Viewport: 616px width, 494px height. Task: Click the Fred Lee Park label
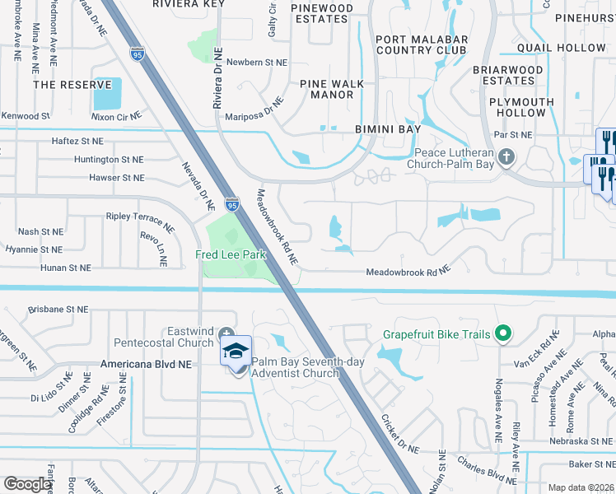[231, 255]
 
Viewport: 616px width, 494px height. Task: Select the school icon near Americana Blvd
[236, 352]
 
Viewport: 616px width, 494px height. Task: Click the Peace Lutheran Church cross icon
[506, 155]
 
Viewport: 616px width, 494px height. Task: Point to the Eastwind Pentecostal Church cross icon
[226, 333]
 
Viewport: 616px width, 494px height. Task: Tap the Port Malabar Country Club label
[422, 44]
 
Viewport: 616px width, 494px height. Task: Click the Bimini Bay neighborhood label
[388, 129]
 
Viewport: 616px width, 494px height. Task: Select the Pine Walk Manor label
[326, 89]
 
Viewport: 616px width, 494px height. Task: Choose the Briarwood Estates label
[508, 76]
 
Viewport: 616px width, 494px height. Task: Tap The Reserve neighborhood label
[72, 85]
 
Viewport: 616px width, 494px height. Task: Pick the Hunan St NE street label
[68, 268]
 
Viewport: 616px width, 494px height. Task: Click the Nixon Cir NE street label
[116, 117]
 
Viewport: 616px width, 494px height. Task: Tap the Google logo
[27, 484]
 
